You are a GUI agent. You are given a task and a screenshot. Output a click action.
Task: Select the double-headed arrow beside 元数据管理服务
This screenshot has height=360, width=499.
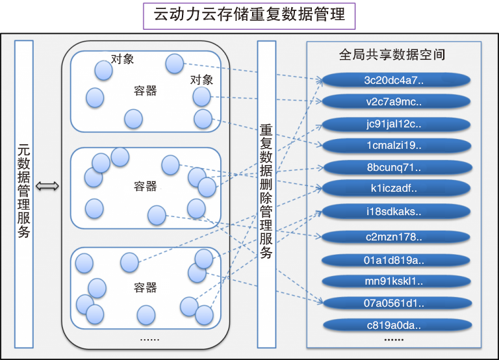point(47,187)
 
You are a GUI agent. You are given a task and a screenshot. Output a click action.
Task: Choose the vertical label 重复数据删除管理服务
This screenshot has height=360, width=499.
point(266,192)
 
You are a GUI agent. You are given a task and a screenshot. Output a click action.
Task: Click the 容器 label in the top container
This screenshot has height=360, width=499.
point(145,91)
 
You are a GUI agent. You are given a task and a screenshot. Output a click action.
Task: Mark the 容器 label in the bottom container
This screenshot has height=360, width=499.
point(145,287)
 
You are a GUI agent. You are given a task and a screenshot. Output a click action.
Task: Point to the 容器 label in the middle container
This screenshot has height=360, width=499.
point(145,186)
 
